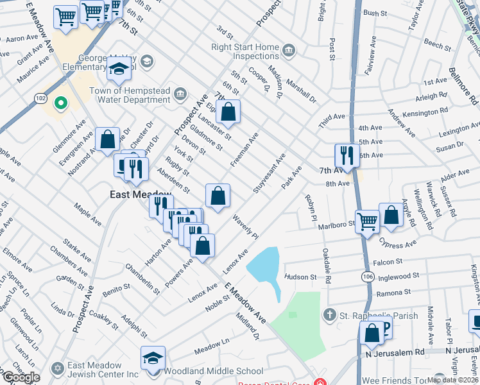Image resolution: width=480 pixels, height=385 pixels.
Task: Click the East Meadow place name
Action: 139,194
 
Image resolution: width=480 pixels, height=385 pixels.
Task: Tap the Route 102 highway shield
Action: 40,98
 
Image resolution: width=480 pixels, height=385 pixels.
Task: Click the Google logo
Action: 21,377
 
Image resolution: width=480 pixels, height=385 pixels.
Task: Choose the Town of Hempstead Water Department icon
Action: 180,95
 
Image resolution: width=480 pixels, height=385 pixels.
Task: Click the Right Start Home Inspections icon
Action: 289,51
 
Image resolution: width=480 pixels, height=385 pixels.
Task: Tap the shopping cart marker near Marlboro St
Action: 367,221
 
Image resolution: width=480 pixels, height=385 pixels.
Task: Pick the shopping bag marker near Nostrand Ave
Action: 108,139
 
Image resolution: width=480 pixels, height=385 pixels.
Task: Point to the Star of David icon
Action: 58,368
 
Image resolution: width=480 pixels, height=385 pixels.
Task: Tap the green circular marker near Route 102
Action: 61,103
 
